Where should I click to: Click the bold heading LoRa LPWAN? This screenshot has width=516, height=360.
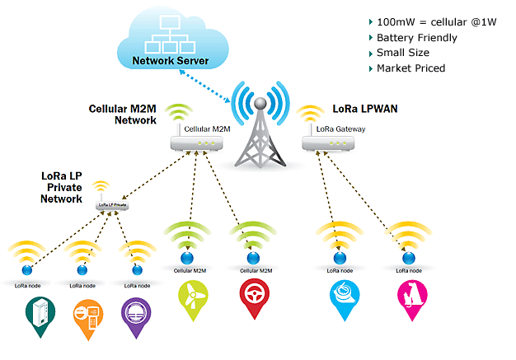pyautogui.click(x=365, y=108)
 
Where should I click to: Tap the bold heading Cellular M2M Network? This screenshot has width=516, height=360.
pyautogui.click(x=123, y=115)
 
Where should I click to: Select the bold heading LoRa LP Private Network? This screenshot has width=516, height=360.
pyautogui.click(x=62, y=187)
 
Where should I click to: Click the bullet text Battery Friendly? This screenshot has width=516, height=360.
pyautogui.click(x=415, y=37)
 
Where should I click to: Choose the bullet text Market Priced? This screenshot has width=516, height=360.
pyautogui.click(x=410, y=68)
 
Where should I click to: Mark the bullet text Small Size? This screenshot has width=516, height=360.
pyautogui.click(x=404, y=53)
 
